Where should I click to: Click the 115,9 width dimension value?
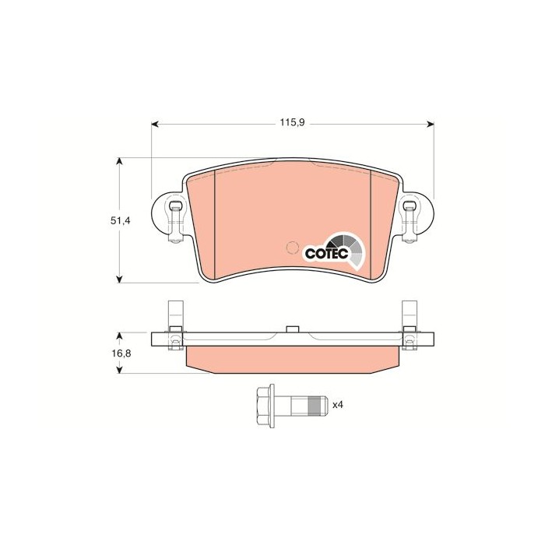tap(292, 123)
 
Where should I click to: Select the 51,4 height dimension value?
tap(120, 220)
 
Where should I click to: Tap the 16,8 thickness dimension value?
tap(120, 353)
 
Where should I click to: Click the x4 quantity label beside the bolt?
tap(337, 405)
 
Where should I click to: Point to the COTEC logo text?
tap(326, 253)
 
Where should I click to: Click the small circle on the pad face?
tap(292, 248)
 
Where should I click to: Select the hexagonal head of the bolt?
tap(265, 405)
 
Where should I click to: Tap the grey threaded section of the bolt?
tap(315, 405)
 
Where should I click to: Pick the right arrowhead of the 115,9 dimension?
tap(431, 123)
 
